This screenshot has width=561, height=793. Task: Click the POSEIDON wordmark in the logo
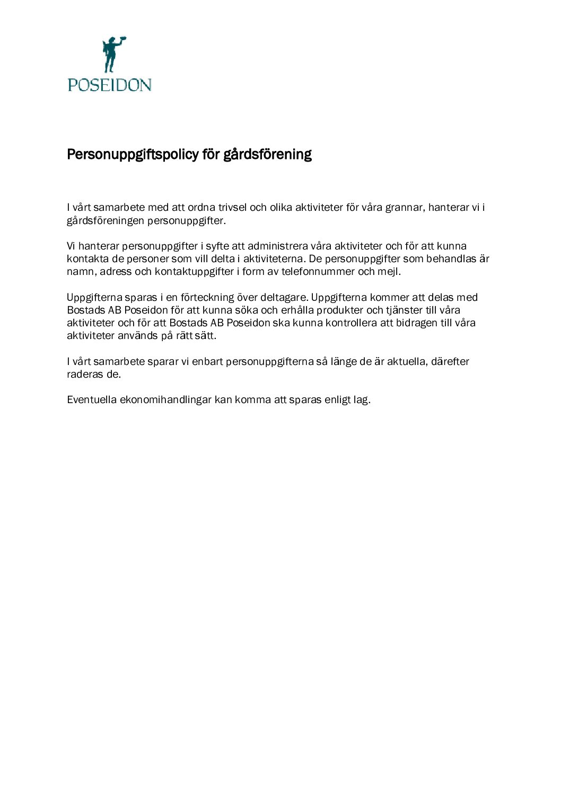[109, 85]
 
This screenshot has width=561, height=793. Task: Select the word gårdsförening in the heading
[267, 154]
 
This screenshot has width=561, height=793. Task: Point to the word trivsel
[232, 207]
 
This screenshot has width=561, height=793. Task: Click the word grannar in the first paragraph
[404, 207]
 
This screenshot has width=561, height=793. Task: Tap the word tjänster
[405, 310]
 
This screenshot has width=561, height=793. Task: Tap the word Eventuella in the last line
[91, 399]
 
